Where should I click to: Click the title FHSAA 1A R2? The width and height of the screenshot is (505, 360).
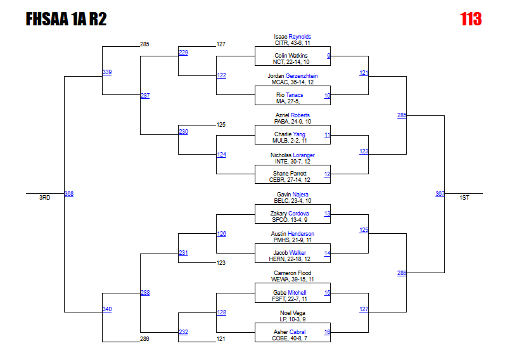pos(66,20)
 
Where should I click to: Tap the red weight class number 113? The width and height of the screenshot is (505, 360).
pos(471,20)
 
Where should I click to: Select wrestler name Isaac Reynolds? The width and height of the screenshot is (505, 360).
pos(292,37)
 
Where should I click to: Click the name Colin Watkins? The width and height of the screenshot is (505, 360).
pos(291,56)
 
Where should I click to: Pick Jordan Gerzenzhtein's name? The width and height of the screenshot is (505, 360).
pos(292,76)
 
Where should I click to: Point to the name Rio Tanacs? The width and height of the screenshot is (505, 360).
pos(290,95)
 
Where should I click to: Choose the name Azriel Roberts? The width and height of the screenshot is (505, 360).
pos(292,115)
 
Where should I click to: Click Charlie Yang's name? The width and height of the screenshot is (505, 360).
pos(290,134)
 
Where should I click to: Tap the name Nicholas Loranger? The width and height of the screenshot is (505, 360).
pos(292,155)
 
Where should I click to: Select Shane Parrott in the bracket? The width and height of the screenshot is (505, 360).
pos(290,174)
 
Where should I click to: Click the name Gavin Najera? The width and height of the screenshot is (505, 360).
pos(292,195)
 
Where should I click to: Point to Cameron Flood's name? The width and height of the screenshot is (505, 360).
pos(292,273)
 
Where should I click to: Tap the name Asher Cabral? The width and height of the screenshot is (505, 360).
pos(290,332)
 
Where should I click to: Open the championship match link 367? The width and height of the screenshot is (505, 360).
pos(440,194)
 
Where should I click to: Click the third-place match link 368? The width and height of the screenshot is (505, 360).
pos(69,194)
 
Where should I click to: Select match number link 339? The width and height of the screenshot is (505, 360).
pos(107,72)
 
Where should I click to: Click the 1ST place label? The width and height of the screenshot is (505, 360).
pos(464,198)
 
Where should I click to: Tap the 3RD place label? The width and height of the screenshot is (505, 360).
pos(44,198)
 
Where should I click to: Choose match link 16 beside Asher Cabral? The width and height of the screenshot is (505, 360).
pos(327,332)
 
